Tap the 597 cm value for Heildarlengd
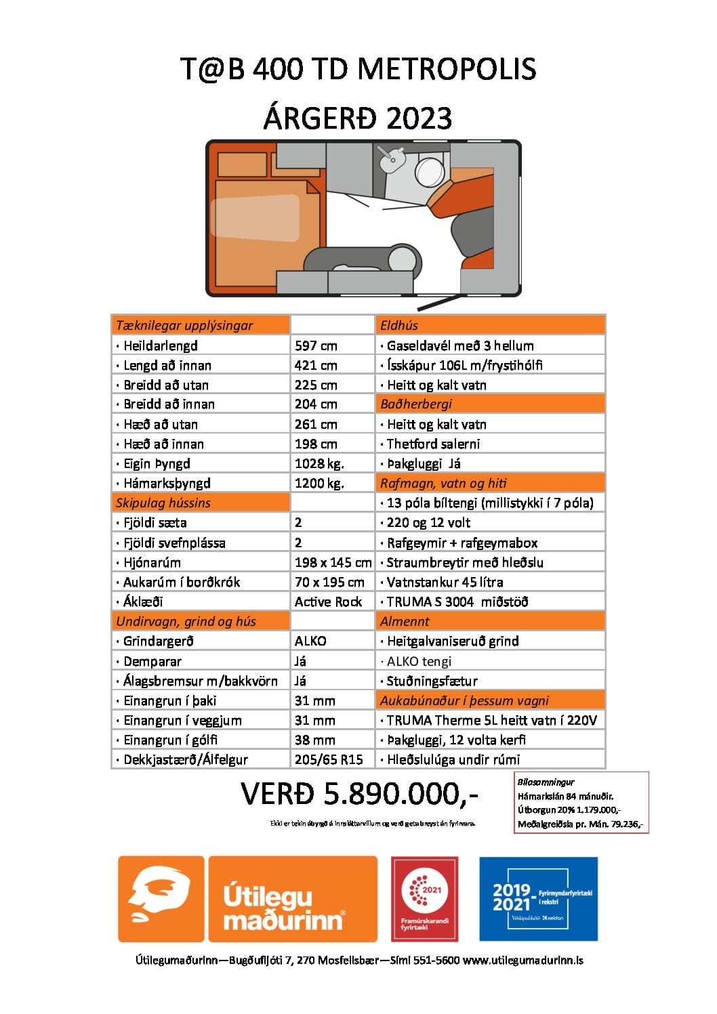pos(316,345)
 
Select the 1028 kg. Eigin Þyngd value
pos(319,464)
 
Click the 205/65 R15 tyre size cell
pos(329,760)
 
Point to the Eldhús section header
pos(399,325)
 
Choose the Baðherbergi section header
pos(415,404)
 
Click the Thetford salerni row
pos(432,444)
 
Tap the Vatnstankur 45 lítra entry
pos(444,583)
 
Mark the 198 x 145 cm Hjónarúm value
pos(333,563)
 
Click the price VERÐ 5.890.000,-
pos(359,795)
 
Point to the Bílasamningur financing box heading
pos(546,782)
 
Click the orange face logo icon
pos(161,899)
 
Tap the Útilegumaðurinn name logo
pos(292,899)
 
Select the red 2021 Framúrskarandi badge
pos(424,899)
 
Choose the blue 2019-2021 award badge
pos(538,899)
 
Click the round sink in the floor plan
pos(430,171)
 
